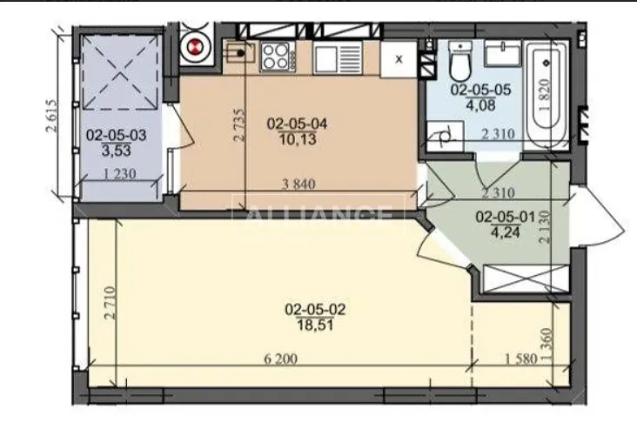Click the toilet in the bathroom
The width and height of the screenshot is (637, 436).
point(460,61)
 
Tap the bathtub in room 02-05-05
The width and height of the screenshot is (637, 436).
point(546,94)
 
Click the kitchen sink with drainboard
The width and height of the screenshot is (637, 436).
point(338,58)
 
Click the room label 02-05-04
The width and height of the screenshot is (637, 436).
point(297,124)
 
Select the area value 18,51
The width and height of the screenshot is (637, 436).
point(315,325)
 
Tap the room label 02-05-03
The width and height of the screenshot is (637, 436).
point(117,135)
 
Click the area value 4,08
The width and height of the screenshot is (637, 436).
point(480,104)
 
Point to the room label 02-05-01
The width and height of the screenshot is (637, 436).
point(506,217)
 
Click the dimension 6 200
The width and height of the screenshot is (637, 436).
point(281,359)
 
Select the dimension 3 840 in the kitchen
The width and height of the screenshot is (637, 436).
point(298,184)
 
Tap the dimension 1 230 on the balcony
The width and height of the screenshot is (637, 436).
point(120,174)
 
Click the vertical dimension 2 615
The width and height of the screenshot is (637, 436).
point(52,116)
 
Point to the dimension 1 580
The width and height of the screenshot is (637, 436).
point(521,359)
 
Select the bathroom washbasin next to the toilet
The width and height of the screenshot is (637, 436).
point(503,53)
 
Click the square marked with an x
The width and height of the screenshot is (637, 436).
point(399,60)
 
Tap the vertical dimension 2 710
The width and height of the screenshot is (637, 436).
point(110,303)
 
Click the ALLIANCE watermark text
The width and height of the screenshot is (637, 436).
point(318,215)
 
